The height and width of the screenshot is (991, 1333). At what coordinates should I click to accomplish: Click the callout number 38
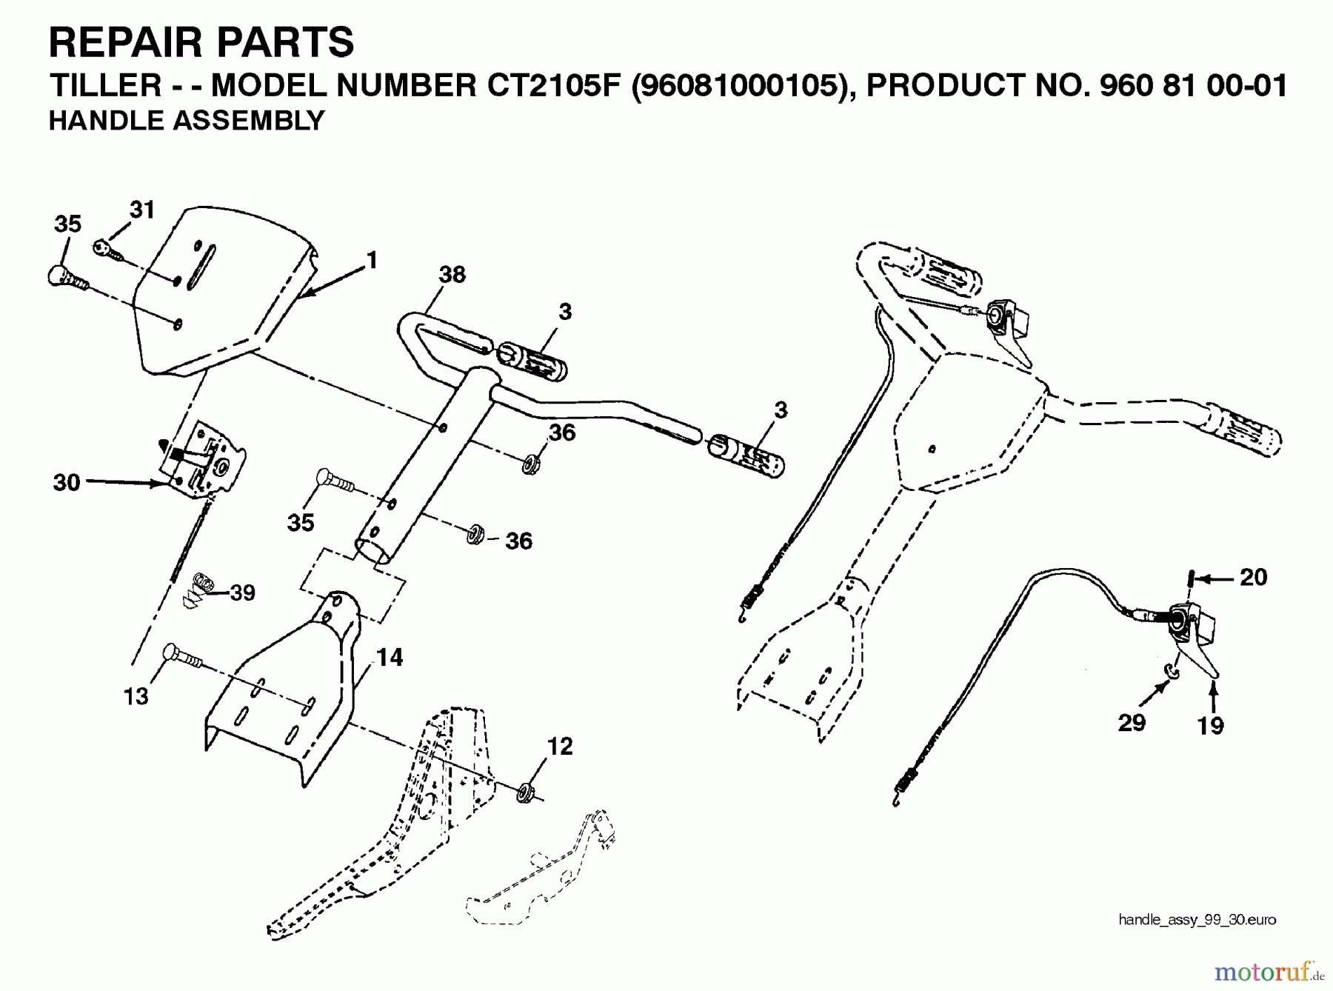(x=452, y=275)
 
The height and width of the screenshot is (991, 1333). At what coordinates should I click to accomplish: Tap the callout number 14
(x=390, y=657)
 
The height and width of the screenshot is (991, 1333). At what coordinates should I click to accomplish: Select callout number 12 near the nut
(x=560, y=746)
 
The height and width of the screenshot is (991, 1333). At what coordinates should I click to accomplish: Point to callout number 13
(x=136, y=696)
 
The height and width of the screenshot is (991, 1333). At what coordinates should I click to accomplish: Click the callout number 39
(x=242, y=593)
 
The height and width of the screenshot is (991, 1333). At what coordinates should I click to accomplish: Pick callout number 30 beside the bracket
(x=66, y=483)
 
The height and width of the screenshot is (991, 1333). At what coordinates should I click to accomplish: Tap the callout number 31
(x=141, y=210)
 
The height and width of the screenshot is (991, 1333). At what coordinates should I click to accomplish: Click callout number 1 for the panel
(x=372, y=260)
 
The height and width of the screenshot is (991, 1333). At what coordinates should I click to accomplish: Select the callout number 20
(x=1253, y=577)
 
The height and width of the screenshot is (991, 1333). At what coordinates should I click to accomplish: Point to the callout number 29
(x=1132, y=722)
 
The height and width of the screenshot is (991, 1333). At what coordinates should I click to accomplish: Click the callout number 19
(x=1211, y=726)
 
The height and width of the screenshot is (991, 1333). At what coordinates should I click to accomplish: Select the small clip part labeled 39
(x=197, y=590)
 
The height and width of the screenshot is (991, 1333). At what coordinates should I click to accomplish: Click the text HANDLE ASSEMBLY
(x=187, y=121)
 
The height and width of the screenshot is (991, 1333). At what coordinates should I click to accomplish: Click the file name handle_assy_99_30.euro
(x=1197, y=920)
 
